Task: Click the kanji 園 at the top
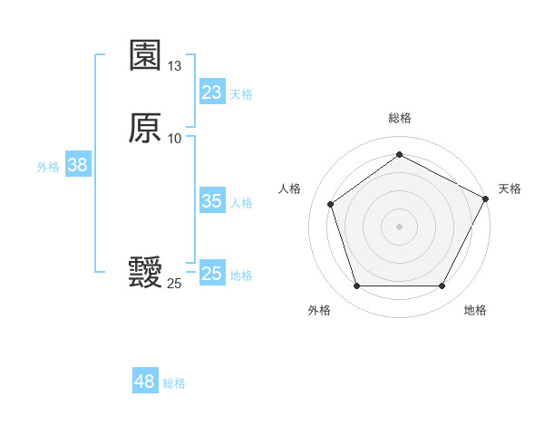[x=145, y=56]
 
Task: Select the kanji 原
[x=145, y=128]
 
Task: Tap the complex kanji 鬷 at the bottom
[x=145, y=273]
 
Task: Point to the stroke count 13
[x=175, y=66]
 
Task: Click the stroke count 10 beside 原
[x=175, y=138]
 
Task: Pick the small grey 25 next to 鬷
[x=174, y=284]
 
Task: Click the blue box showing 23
[x=212, y=92]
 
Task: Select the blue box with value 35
[x=212, y=201]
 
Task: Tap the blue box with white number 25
[x=212, y=274]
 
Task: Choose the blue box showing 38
[x=77, y=165]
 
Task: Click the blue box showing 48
[x=145, y=382]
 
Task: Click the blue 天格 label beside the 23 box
[x=241, y=94]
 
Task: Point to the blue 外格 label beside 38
[x=48, y=167]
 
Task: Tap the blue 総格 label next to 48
[x=174, y=383]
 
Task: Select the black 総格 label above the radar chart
[x=399, y=118]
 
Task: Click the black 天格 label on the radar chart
[x=510, y=189]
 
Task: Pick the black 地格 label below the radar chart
[x=475, y=310]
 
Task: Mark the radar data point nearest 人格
[x=331, y=204]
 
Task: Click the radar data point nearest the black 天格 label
[x=487, y=198]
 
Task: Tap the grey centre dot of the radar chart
[x=399, y=226]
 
